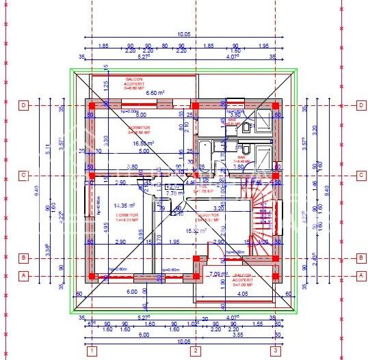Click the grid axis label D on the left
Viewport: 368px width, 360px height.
click(x=23, y=105)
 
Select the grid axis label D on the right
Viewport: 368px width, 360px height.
click(x=360, y=105)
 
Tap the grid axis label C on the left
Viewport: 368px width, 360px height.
click(x=23, y=176)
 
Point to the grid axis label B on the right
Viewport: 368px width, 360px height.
click(x=360, y=258)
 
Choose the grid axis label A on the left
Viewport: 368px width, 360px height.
click(x=23, y=275)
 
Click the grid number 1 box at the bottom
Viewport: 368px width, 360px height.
click(x=90, y=351)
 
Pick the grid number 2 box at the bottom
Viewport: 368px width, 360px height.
click(x=195, y=351)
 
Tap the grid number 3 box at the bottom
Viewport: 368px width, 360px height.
click(x=276, y=351)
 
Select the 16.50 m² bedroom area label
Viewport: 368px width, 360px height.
click(x=144, y=143)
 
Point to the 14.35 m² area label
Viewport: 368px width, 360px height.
click(x=124, y=205)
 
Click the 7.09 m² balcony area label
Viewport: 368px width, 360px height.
click(x=219, y=275)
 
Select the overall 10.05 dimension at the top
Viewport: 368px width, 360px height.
click(x=183, y=33)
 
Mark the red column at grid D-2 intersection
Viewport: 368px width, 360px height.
click(x=195, y=106)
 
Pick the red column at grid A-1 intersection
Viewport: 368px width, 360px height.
click(x=90, y=276)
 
